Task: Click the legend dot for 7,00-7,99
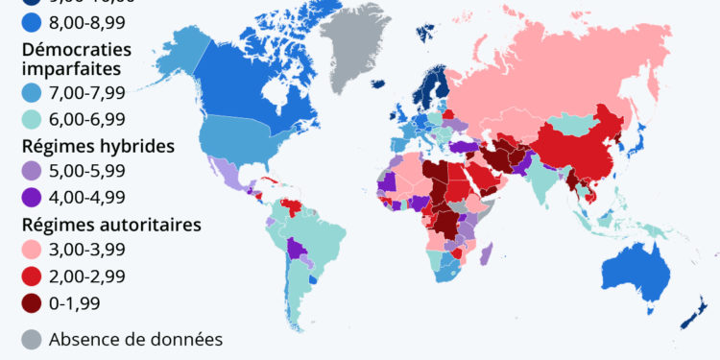[31, 93]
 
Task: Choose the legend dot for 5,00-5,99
[31, 172]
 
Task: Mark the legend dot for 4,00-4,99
[31, 198]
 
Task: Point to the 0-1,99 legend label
[73, 302]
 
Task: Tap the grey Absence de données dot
[31, 339]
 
